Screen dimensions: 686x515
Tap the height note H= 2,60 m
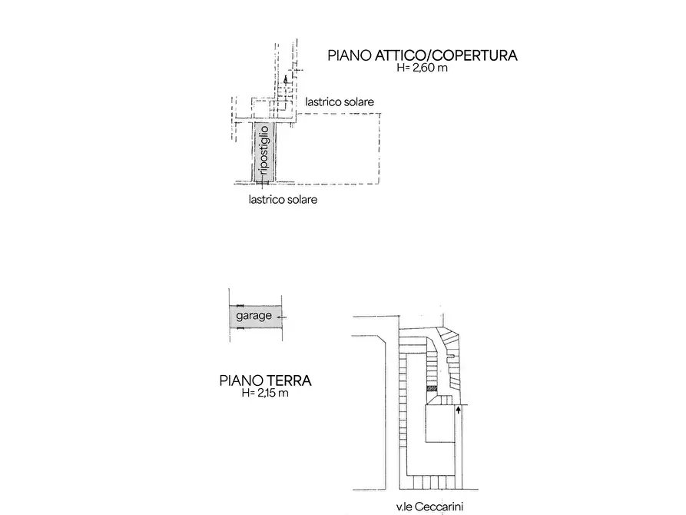pyautogui.click(x=423, y=68)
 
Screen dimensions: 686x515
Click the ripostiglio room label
pyautogui.click(x=264, y=150)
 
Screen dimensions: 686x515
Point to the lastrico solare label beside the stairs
pyautogui.click(x=340, y=102)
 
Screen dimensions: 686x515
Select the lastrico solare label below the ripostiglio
pyautogui.click(x=283, y=200)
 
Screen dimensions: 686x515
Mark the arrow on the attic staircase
pyautogui.click(x=286, y=80)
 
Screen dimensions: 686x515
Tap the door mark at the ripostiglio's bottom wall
pyautogui.click(x=263, y=181)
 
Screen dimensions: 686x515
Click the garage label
pyautogui.click(x=254, y=316)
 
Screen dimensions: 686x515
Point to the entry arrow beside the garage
pyautogui.click(x=282, y=317)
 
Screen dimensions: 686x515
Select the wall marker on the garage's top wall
pyautogui.click(x=240, y=305)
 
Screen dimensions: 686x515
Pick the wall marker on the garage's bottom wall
pyautogui.click(x=240, y=327)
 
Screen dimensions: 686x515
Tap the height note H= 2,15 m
pyautogui.click(x=265, y=393)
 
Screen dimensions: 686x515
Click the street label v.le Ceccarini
pyautogui.click(x=429, y=507)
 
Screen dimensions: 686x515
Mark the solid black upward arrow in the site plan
pyautogui.click(x=458, y=410)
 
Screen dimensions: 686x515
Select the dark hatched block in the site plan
pyautogui.click(x=432, y=388)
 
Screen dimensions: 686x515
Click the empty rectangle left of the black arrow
pyautogui.click(x=439, y=424)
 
